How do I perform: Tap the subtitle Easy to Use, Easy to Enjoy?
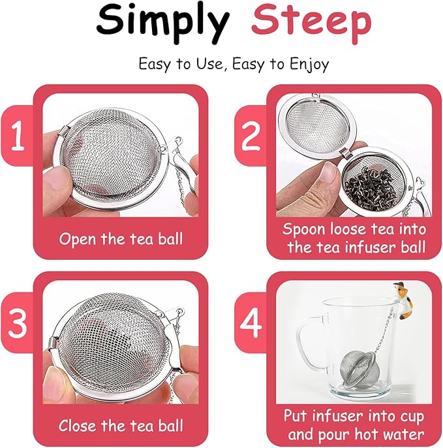[234, 64]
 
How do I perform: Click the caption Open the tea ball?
[121, 238]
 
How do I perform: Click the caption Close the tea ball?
[121, 426]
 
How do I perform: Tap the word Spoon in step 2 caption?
[305, 229]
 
